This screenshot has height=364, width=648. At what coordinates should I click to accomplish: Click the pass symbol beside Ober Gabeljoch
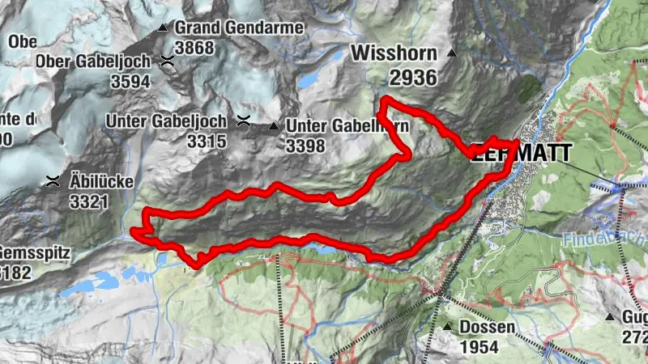pyautogui.click(x=167, y=60)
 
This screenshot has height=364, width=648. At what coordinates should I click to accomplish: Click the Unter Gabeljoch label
pyautogui.click(x=167, y=122)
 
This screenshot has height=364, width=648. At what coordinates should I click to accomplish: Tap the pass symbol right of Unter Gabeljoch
pyautogui.click(x=242, y=122)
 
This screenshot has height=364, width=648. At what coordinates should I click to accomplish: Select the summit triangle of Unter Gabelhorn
pyautogui.click(x=274, y=126)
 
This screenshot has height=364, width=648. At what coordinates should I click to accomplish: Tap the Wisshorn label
pyautogui.click(x=394, y=54)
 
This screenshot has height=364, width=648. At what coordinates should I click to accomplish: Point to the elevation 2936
pyautogui.click(x=412, y=78)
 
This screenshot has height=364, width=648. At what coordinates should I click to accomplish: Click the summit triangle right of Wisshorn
pyautogui.click(x=452, y=55)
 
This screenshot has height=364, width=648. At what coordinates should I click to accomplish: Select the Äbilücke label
pyautogui.click(x=101, y=181)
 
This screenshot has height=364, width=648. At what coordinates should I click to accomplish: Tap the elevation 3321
pyautogui.click(x=88, y=201)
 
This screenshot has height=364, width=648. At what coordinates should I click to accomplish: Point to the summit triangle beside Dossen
pyautogui.click(x=448, y=327)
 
